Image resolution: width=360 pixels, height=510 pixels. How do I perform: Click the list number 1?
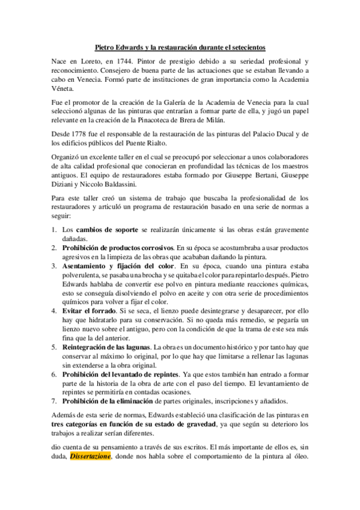(x=53, y=230)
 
